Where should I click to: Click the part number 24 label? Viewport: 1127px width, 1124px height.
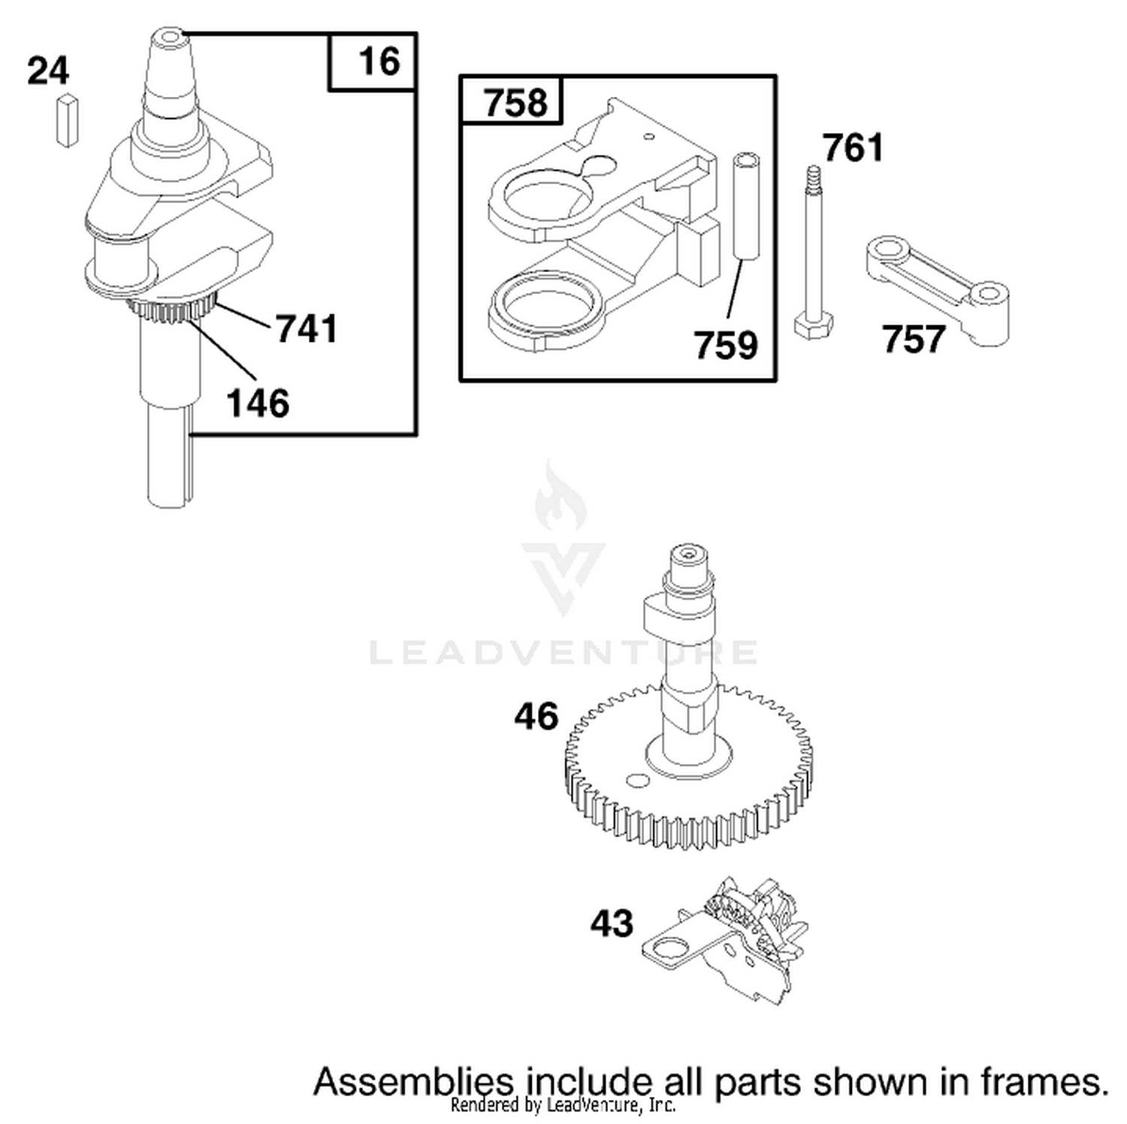(48, 72)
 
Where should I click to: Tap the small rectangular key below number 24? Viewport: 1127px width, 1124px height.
(67, 119)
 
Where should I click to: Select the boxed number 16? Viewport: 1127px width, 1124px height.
(379, 61)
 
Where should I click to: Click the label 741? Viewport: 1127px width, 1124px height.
(307, 329)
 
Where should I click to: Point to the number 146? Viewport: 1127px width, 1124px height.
(258, 403)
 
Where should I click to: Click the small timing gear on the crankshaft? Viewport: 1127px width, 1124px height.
(171, 309)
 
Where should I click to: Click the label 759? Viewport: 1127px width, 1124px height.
(725, 346)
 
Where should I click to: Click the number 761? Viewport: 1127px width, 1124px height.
(853, 147)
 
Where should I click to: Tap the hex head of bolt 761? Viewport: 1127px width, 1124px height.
(813, 326)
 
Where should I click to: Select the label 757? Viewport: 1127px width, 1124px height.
(913, 339)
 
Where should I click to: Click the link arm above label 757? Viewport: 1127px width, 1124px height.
(935, 290)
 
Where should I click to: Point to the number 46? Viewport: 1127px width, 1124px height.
(536, 716)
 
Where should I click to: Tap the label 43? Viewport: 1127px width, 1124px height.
(612, 923)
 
